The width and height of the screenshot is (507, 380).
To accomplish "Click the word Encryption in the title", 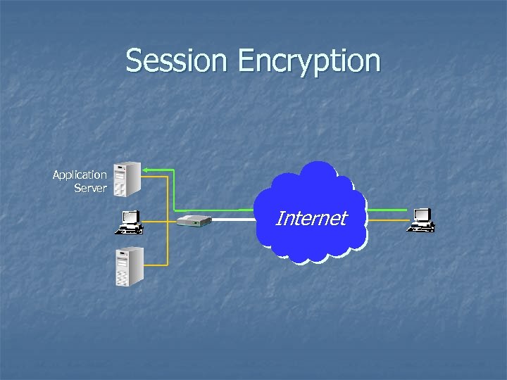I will (x=309, y=62).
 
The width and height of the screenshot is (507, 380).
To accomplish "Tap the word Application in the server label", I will (x=80, y=175).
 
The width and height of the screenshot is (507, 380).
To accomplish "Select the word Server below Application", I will (x=90, y=188).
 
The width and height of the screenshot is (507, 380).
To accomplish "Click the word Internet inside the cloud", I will (x=311, y=218).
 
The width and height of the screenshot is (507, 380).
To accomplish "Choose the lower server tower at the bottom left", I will (x=130, y=266).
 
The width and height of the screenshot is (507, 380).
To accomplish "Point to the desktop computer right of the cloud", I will (x=421, y=220).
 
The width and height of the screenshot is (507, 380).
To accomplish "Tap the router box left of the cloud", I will (x=194, y=221).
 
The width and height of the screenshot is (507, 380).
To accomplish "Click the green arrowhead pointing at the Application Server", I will (x=145, y=169).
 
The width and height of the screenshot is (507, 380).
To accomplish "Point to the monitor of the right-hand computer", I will (x=423, y=215).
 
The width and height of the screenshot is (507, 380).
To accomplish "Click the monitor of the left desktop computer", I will (x=130, y=217).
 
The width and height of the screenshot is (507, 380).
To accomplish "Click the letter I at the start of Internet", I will (x=279, y=218).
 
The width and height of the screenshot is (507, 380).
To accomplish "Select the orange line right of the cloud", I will (x=388, y=220).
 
